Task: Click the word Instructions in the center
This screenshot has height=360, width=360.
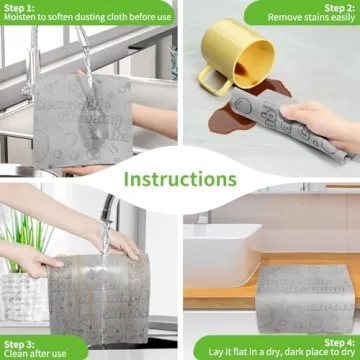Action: tap(180, 179)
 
